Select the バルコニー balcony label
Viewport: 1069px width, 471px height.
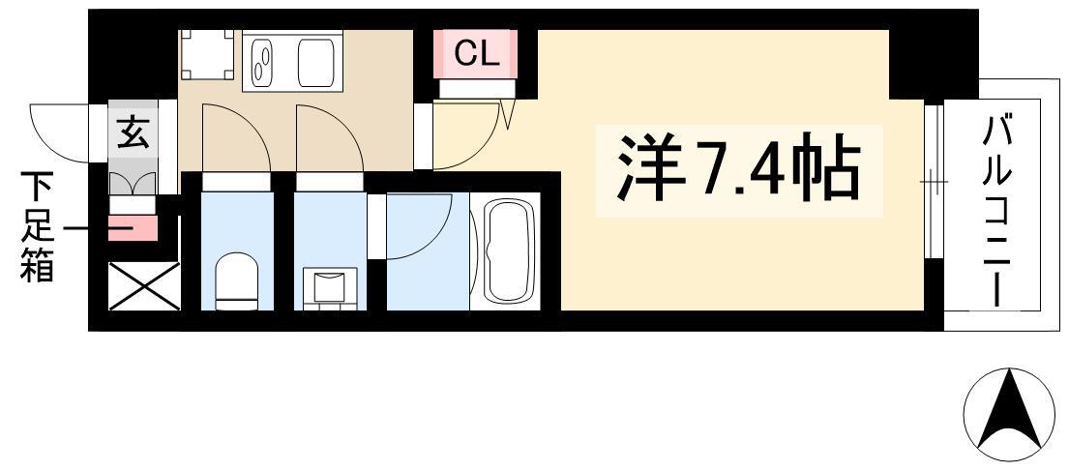(x=995, y=211)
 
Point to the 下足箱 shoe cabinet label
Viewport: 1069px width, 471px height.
(x=36, y=227)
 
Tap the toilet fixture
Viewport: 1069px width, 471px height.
(x=237, y=280)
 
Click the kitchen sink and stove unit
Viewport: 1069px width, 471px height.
(x=293, y=61)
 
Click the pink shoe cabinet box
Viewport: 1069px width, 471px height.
(x=133, y=228)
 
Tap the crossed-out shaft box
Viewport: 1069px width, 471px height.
(x=144, y=286)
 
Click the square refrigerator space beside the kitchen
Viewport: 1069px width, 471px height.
(x=207, y=54)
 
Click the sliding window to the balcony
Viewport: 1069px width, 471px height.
(x=934, y=182)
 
